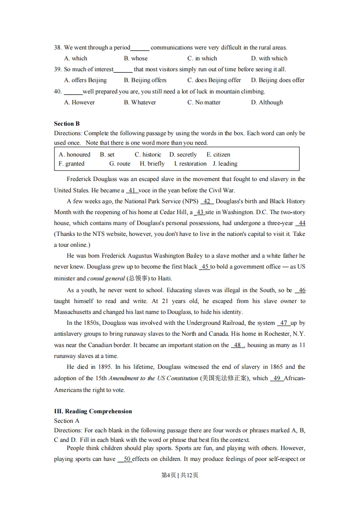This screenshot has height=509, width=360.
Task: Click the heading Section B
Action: pyautogui.click(x=67, y=123)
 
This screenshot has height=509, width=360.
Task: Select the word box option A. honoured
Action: pyautogui.click(x=74, y=154)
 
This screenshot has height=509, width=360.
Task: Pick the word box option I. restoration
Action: pyautogui.click(x=190, y=164)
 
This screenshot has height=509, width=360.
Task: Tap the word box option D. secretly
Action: pyautogui.click(x=183, y=154)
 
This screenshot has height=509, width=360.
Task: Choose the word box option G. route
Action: pyautogui.click(x=120, y=164)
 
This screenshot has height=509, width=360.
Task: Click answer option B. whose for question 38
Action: pyautogui.click(x=136, y=58)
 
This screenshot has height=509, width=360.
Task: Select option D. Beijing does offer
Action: pyautogui.click(x=278, y=80)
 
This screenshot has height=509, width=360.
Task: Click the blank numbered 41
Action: pyautogui.click(x=132, y=191)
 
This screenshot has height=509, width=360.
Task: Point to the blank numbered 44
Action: pyautogui.click(x=300, y=223)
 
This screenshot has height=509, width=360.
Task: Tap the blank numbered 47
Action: pyautogui.click(x=284, y=323)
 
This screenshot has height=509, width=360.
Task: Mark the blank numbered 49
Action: pyautogui.click(x=276, y=378)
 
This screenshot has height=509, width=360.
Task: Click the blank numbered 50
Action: pyautogui.click(x=125, y=459)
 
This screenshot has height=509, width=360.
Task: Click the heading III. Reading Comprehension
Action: pyautogui.click(x=93, y=411)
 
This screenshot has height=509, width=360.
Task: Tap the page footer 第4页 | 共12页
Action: pyautogui.click(x=180, y=475)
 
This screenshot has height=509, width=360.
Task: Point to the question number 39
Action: pyautogui.click(x=58, y=69)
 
